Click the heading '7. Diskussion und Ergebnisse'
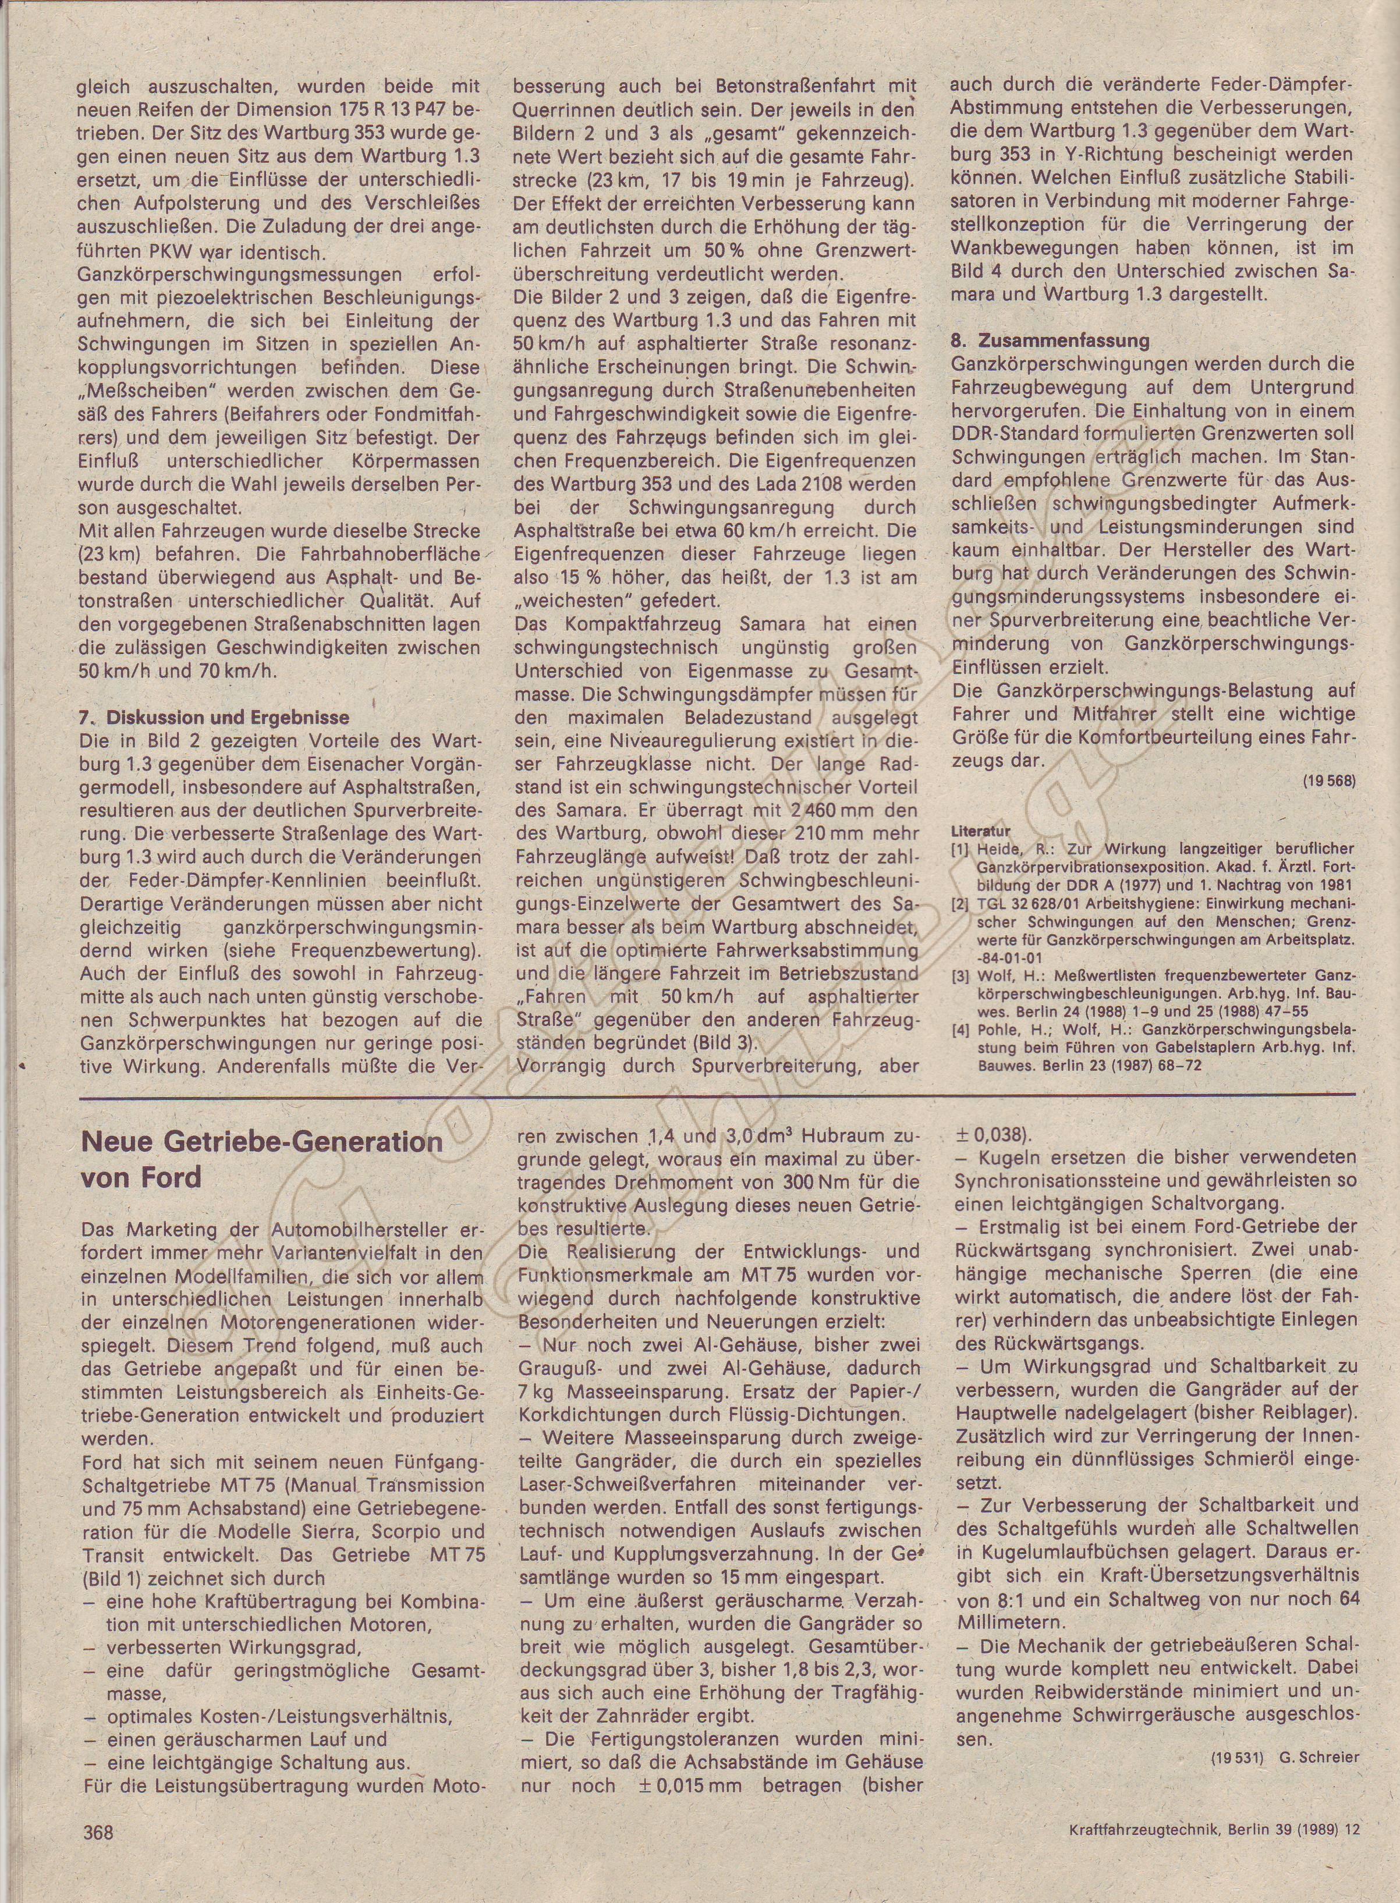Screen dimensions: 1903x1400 point(214,717)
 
